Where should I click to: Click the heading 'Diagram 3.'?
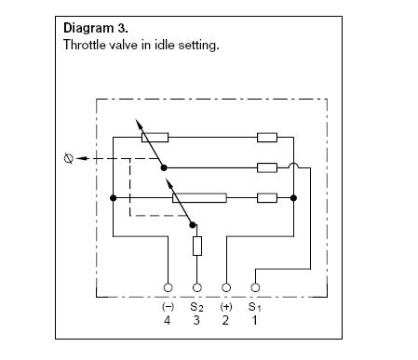click(96, 28)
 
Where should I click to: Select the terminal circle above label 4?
click(168, 287)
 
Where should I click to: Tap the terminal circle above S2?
click(197, 287)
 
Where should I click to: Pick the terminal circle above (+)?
click(226, 287)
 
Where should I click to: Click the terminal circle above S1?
click(255, 287)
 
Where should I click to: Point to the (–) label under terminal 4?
click(168, 307)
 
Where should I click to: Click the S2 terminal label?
click(196, 307)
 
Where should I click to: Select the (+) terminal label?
click(226, 307)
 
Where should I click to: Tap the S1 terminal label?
click(255, 307)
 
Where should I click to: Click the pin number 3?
click(196, 320)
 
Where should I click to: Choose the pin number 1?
click(255, 320)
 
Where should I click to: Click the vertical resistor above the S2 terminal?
click(197, 246)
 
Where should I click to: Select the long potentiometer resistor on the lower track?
click(199, 198)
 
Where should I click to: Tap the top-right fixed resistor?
click(267, 138)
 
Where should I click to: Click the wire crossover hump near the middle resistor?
click(293, 165)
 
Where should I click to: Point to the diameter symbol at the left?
click(69, 158)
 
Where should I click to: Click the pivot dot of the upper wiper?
click(164, 167)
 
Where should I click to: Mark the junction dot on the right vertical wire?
click(293, 198)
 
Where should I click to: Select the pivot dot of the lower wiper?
click(193, 225)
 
